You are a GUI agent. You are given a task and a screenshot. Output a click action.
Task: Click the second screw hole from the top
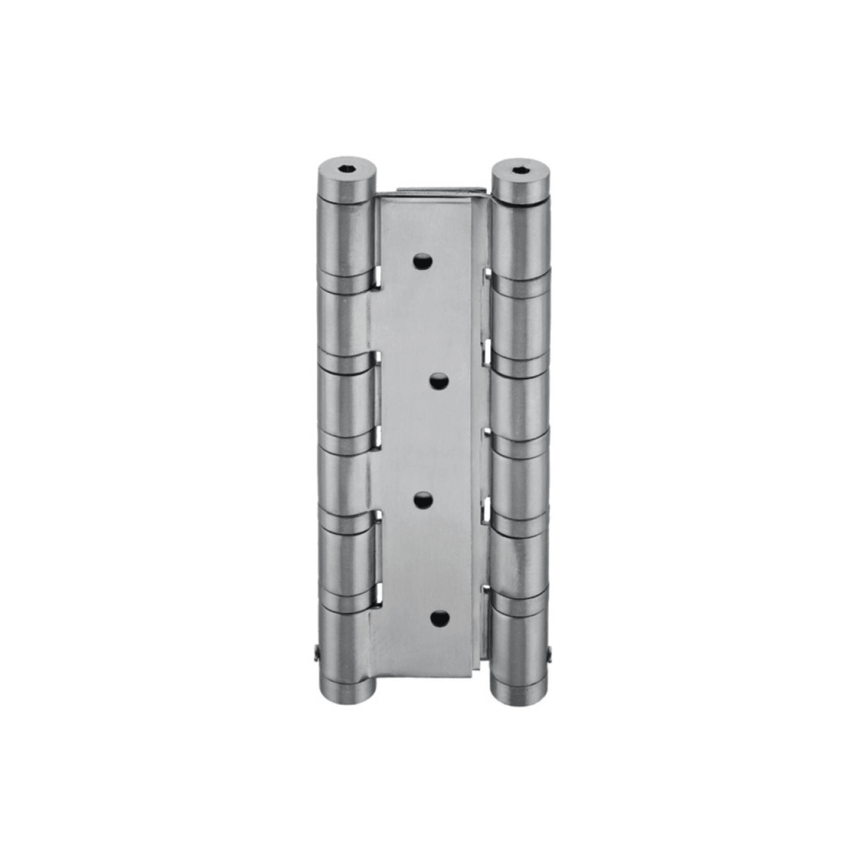pyautogui.click(x=439, y=381)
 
